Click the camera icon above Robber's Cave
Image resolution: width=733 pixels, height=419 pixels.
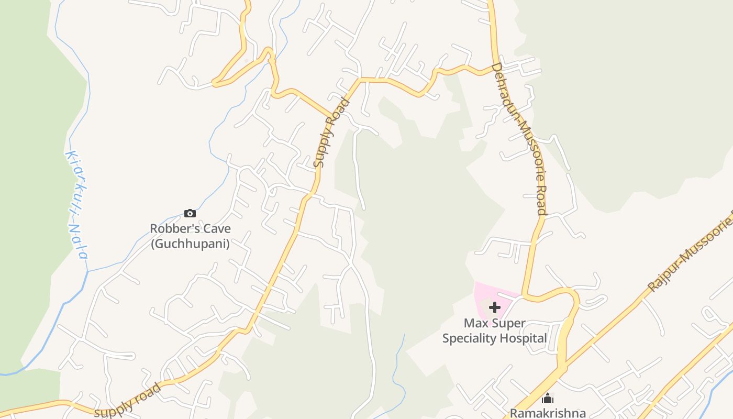190,213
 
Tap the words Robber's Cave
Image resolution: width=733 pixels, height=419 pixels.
190,229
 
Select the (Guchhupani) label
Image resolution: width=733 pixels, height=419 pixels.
190,244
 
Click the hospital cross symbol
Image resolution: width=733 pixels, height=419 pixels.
495,307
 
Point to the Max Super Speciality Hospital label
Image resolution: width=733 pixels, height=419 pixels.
494,331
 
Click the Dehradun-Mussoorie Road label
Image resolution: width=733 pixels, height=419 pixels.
520,138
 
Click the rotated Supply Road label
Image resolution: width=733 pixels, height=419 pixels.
330,134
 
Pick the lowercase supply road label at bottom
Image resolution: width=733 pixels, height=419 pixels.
128,400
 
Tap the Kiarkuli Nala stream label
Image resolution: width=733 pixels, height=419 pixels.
76,204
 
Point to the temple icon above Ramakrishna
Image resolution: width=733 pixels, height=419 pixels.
548,398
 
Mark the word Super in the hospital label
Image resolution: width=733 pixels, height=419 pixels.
508,323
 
